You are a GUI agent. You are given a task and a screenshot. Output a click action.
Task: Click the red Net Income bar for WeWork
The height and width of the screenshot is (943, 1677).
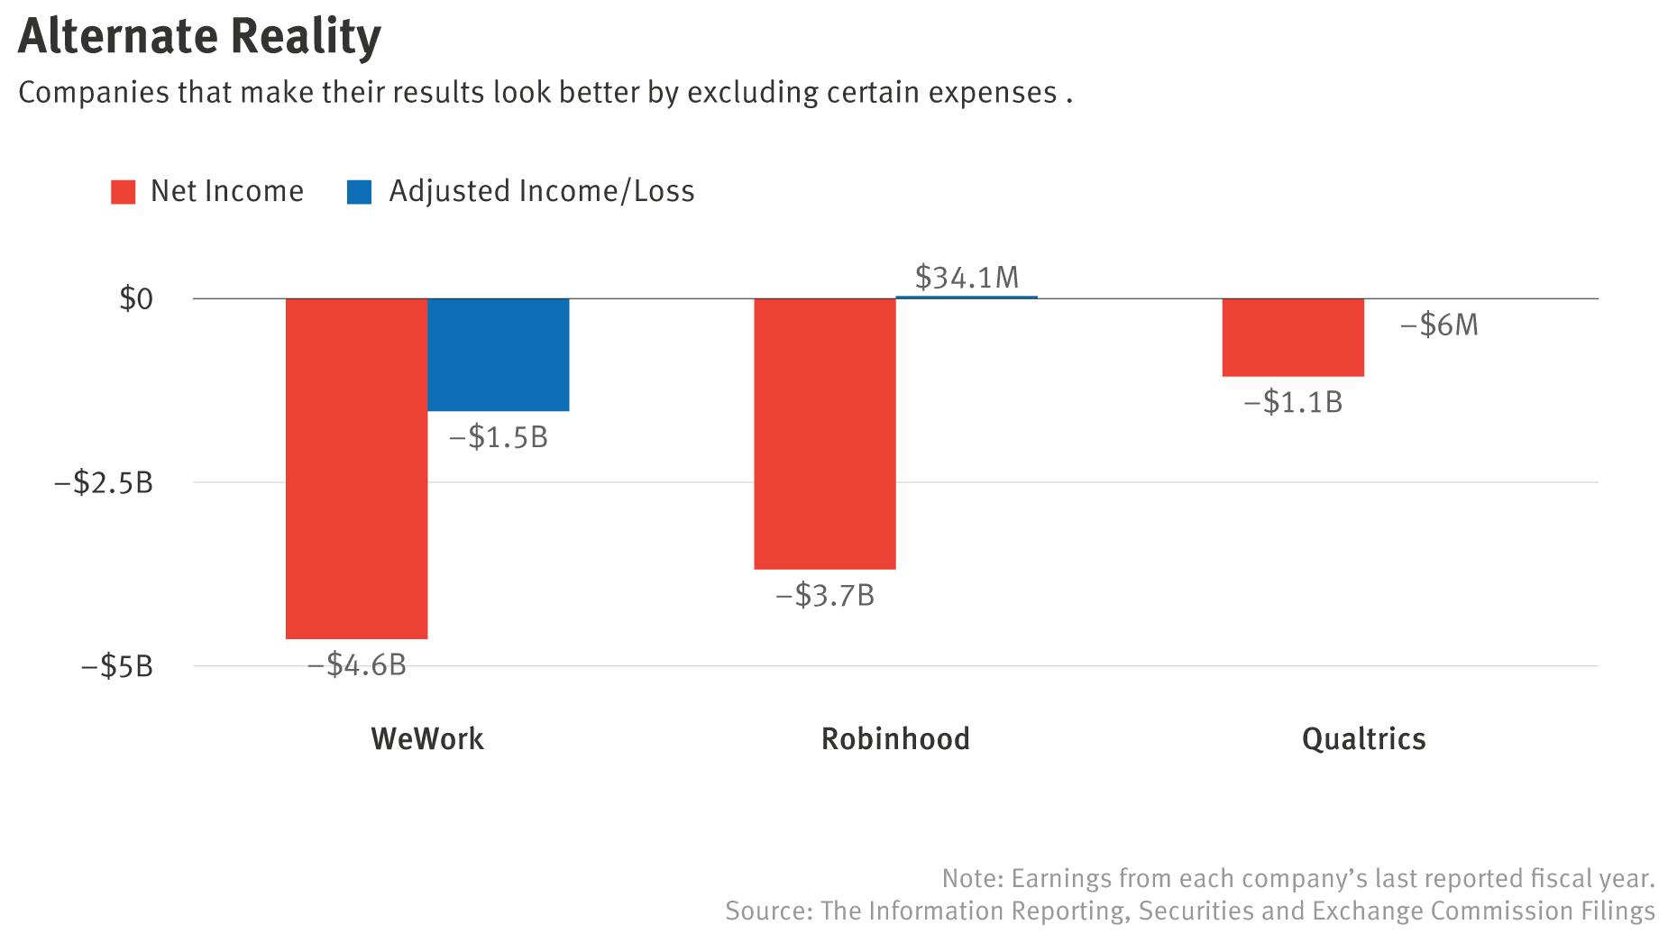click(x=356, y=468)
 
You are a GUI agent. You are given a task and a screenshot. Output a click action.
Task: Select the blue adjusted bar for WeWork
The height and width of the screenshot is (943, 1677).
click(x=498, y=354)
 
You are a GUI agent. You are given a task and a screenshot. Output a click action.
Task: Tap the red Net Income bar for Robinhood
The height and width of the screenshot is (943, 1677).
click(x=824, y=434)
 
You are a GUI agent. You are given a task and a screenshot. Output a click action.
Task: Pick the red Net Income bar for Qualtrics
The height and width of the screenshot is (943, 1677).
click(x=1292, y=337)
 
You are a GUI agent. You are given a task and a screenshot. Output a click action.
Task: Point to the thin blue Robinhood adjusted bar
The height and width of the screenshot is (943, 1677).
click(x=967, y=297)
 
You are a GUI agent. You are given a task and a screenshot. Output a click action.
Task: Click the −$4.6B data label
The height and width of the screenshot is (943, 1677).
click(x=357, y=665)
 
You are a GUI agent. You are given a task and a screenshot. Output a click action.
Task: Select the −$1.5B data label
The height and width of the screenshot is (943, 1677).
click(x=499, y=437)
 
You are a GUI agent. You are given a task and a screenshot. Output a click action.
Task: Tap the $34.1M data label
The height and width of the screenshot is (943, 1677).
click(x=967, y=278)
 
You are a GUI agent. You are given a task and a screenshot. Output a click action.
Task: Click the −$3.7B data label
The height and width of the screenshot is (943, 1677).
click(x=825, y=596)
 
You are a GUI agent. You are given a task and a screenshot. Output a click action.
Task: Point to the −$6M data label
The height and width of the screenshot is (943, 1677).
click(x=1439, y=325)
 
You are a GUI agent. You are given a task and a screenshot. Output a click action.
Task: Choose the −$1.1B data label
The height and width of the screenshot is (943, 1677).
click(x=1293, y=402)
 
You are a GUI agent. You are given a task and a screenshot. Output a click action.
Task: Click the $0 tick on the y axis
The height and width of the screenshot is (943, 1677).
click(x=136, y=299)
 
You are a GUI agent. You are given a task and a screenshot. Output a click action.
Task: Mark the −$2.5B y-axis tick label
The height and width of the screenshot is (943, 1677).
click(x=104, y=483)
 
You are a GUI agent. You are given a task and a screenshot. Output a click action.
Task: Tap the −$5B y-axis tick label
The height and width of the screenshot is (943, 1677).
click(x=117, y=667)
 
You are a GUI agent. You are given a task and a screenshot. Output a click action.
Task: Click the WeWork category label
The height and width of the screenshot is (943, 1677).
click(x=427, y=739)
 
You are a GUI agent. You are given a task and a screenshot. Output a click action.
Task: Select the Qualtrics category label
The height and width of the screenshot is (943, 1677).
click(x=1363, y=739)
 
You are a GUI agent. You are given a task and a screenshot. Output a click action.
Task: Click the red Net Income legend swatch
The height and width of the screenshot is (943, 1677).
click(x=124, y=192)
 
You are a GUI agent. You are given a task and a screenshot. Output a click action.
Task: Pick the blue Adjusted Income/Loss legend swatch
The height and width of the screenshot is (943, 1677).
click(x=359, y=192)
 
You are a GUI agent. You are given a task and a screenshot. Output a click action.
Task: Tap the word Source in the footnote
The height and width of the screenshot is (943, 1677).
click(x=767, y=911)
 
